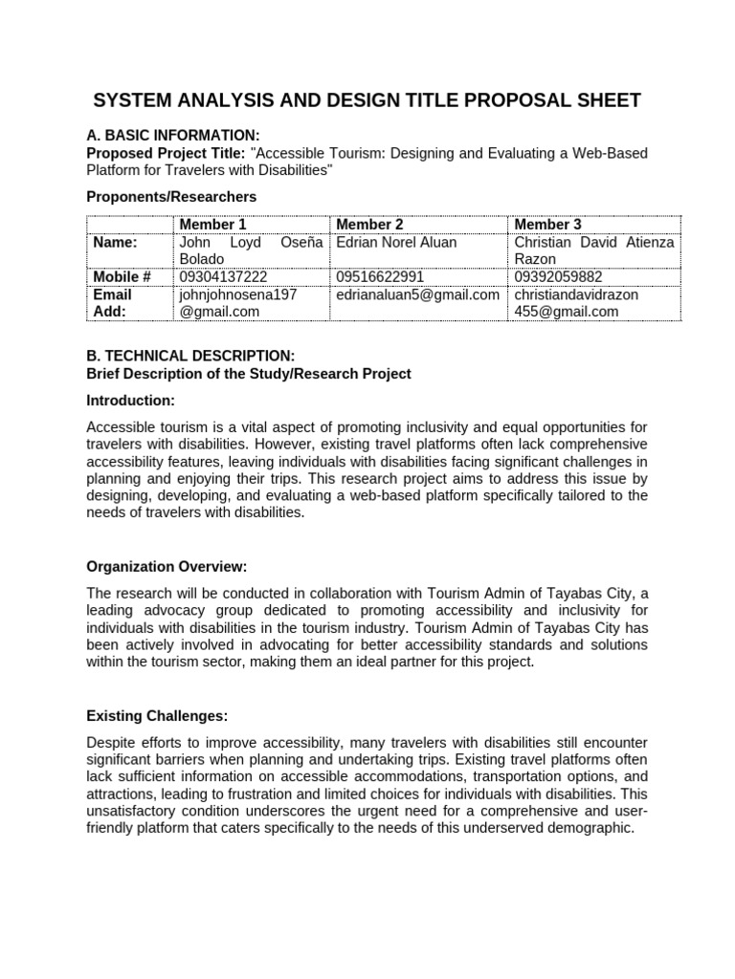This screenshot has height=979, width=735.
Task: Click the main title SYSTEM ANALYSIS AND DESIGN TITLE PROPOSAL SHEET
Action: [x=367, y=100]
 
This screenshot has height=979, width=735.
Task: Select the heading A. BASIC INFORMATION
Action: [x=172, y=135]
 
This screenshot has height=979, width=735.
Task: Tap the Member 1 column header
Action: [x=212, y=224]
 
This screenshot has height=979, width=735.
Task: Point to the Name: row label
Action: [x=115, y=242]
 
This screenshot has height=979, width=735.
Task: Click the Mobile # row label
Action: [x=122, y=277]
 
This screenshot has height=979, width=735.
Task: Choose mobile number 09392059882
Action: [x=557, y=277]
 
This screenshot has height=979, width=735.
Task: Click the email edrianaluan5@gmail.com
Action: [x=417, y=294]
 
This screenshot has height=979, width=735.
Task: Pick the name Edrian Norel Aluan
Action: [x=396, y=242]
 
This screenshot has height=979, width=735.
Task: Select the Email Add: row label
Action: [x=112, y=303]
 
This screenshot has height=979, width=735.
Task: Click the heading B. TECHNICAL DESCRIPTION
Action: [x=184, y=356]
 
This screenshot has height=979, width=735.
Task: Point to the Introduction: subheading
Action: [x=130, y=400]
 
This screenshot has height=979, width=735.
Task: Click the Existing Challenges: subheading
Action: [x=157, y=715]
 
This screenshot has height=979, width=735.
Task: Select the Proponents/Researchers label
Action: [x=171, y=197]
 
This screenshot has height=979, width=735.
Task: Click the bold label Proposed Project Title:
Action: [x=166, y=153]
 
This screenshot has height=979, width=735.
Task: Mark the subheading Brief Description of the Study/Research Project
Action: [x=249, y=373]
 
